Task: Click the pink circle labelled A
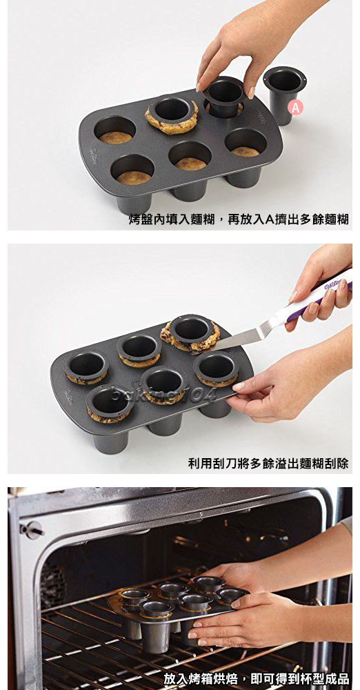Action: [x=296, y=107]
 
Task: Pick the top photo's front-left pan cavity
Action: [x=133, y=169]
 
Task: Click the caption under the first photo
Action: [x=239, y=220]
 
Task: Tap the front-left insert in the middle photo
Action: [x=109, y=403]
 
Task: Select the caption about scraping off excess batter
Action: [x=268, y=463]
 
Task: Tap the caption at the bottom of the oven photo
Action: [x=256, y=678]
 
